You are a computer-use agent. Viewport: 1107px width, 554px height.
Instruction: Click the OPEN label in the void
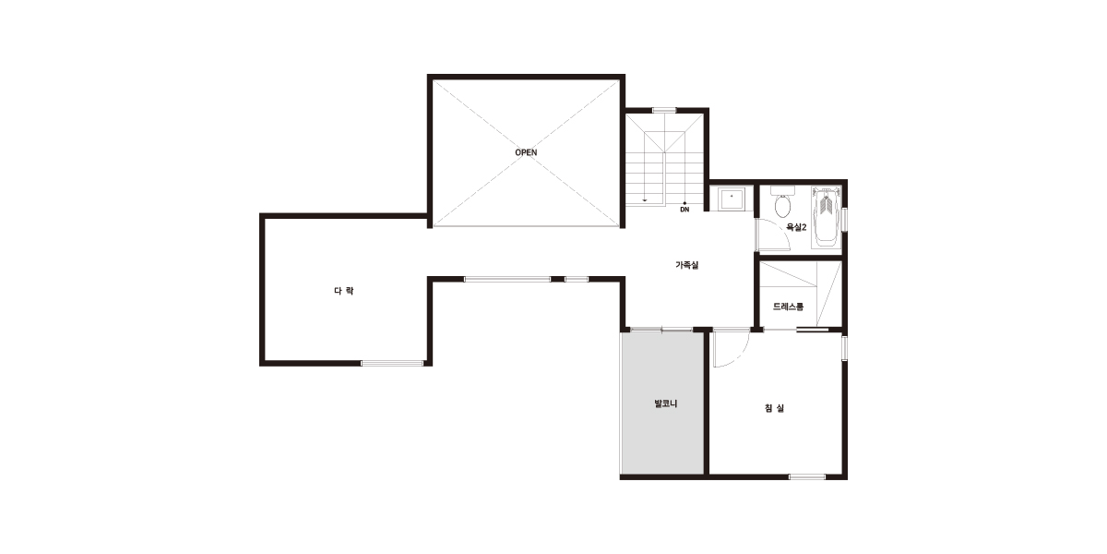click(526, 152)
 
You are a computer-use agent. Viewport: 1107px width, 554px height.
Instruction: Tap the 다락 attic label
click(344, 291)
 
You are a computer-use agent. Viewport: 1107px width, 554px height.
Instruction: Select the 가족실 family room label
click(687, 265)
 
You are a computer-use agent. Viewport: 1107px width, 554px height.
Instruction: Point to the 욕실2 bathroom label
click(796, 227)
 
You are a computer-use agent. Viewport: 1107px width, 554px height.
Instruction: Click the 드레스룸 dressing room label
click(788, 307)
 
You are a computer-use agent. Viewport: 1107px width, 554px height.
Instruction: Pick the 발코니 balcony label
click(666, 403)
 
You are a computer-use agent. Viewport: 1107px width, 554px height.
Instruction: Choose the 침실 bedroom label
click(774, 408)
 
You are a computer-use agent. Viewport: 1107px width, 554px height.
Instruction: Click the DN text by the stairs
click(684, 210)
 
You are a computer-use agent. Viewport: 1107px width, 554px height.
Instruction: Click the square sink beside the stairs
click(732, 199)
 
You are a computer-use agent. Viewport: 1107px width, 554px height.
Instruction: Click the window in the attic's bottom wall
click(392, 364)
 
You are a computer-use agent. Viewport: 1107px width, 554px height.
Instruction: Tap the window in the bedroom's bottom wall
click(807, 476)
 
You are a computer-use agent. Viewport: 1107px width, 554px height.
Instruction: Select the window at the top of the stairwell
click(664, 110)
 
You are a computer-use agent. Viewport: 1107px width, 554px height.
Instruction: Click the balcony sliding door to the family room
click(661, 330)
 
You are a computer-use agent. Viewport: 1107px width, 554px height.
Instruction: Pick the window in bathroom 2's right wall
click(845, 220)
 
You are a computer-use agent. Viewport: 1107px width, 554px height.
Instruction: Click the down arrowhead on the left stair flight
click(645, 200)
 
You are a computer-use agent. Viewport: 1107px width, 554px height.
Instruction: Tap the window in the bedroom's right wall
click(845, 347)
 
